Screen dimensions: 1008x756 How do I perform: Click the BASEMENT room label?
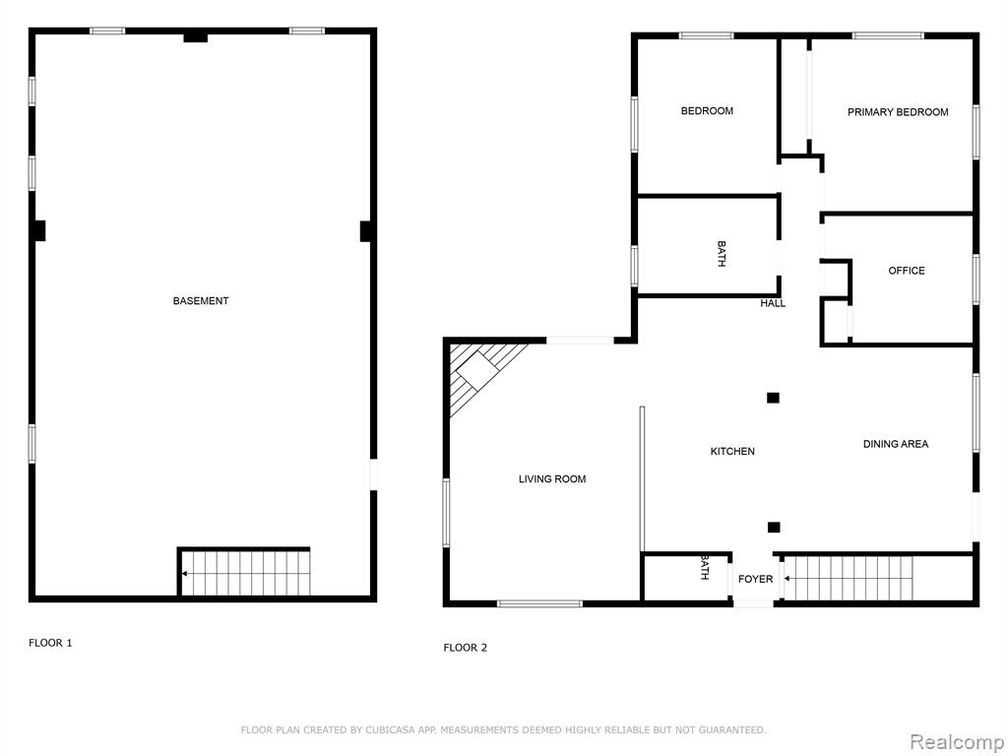click(201, 301)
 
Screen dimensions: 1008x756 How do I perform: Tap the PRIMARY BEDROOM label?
click(898, 112)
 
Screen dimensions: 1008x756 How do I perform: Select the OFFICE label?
click(907, 271)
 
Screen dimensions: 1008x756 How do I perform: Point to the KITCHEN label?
click(732, 451)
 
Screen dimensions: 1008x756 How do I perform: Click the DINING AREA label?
click(896, 444)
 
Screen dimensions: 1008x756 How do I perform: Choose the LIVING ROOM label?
click(552, 479)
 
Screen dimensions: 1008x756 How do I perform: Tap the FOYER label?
click(755, 579)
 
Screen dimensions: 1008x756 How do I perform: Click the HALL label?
click(773, 303)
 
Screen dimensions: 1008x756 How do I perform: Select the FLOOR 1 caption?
click(50, 643)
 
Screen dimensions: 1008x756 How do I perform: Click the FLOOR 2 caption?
click(465, 648)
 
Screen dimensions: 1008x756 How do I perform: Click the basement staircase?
click(244, 573)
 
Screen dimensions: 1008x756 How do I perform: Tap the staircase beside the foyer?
click(848, 579)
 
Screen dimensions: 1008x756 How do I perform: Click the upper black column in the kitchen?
click(773, 398)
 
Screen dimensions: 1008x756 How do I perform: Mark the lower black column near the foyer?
click(774, 528)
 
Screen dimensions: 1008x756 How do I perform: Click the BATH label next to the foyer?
click(705, 568)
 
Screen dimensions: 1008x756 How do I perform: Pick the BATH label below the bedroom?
click(722, 254)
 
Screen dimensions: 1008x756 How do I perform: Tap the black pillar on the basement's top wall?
click(196, 37)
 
